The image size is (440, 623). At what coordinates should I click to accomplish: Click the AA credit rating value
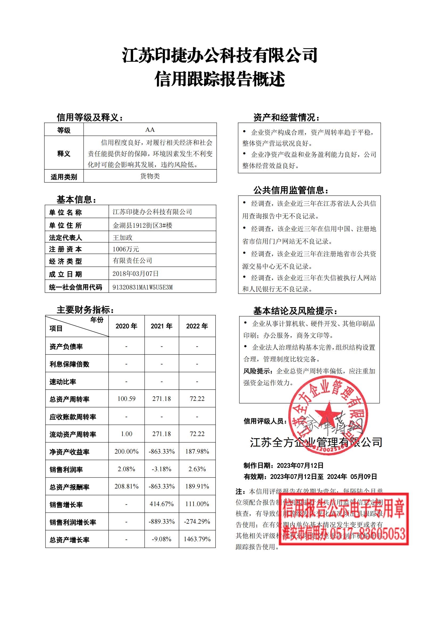[150, 130]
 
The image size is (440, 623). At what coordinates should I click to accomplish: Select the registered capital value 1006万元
[126, 249]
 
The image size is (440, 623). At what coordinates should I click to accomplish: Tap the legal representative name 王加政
[122, 237]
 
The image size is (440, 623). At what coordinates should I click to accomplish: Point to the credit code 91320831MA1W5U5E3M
[143, 287]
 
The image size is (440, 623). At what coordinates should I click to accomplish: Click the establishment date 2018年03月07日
[135, 274]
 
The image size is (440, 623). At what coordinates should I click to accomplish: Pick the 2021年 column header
[161, 326]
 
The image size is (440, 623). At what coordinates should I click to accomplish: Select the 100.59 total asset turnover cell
[126, 399]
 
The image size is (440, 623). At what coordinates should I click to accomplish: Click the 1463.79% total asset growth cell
[197, 539]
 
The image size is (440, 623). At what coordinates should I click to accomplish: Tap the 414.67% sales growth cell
[161, 504]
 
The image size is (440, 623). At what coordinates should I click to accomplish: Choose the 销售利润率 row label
[66, 469]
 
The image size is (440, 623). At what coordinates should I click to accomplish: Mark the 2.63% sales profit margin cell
[197, 469]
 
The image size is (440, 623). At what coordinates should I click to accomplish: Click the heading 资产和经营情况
[286, 117]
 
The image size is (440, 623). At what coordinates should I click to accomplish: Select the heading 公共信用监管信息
[290, 190]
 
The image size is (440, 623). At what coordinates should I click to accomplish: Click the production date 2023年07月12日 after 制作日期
[300, 466]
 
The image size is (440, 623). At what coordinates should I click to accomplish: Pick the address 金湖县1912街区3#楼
[143, 225]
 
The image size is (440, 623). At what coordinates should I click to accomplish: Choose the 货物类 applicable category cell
[150, 176]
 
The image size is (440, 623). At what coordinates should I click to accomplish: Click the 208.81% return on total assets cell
[126, 486]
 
